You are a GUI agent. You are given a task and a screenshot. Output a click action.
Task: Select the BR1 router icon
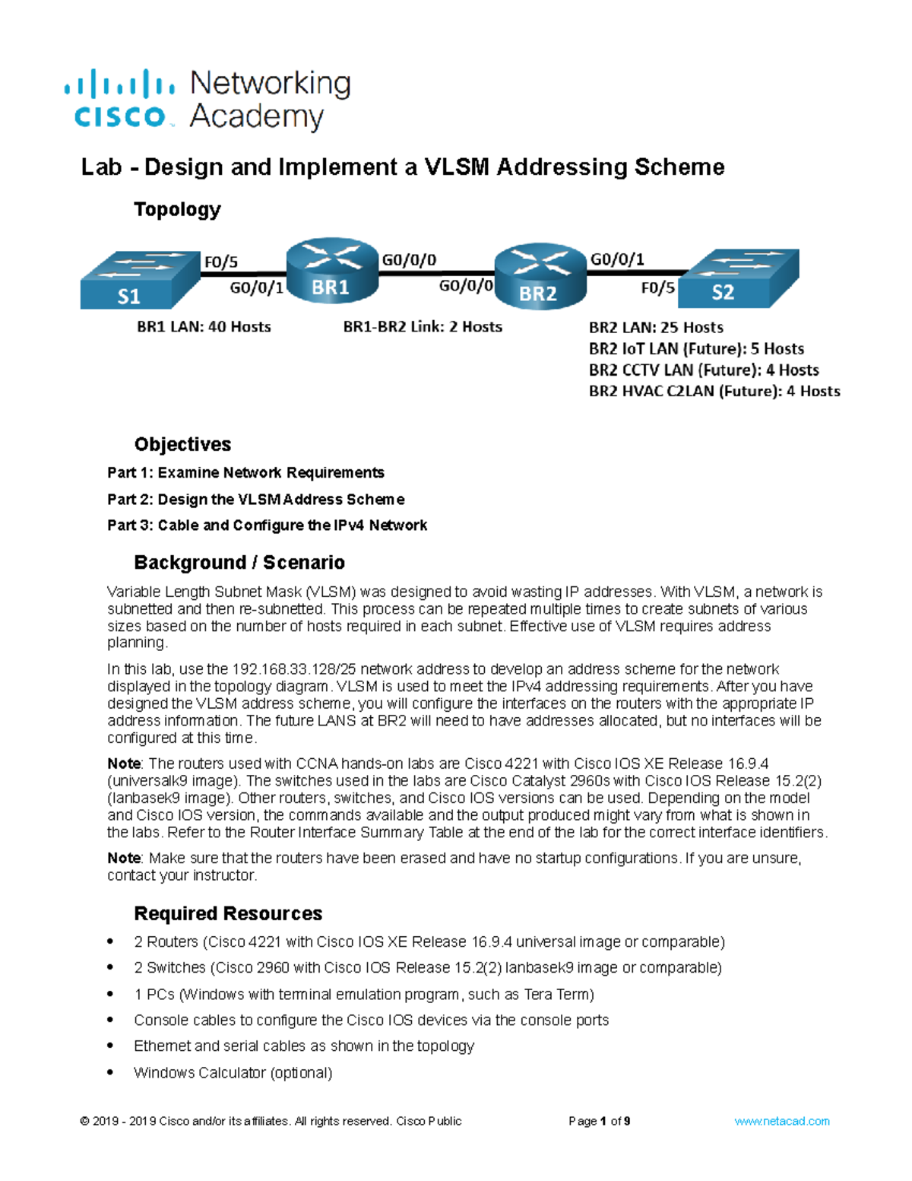pos(332,271)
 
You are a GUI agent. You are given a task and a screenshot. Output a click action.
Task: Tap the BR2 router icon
pos(540,275)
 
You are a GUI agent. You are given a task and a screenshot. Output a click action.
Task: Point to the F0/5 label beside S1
pos(220,262)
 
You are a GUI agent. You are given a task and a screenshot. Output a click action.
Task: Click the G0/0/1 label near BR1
pos(256,287)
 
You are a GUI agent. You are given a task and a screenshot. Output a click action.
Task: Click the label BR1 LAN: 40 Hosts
pos(204,327)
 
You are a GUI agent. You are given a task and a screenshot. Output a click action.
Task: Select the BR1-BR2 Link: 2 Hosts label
pos(423,327)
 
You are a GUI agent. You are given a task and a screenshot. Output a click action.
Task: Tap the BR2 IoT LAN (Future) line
pos(696,349)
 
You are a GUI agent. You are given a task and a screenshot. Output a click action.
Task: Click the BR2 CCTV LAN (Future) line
pos(704,370)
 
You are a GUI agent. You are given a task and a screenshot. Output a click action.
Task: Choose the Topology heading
pos(177,209)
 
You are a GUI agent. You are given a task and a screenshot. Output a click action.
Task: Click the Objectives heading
pos(182,444)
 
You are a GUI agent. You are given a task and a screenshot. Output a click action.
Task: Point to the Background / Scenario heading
pos(239,563)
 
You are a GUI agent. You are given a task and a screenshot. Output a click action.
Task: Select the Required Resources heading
pos(228,913)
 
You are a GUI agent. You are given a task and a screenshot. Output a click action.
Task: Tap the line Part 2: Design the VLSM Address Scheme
pos(255,500)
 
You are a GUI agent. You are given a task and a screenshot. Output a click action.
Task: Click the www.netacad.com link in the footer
pos(781,1121)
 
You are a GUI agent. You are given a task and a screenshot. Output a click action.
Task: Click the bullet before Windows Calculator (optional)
pos(111,1072)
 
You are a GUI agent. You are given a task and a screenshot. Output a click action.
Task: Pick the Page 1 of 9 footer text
pos(599,1121)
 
